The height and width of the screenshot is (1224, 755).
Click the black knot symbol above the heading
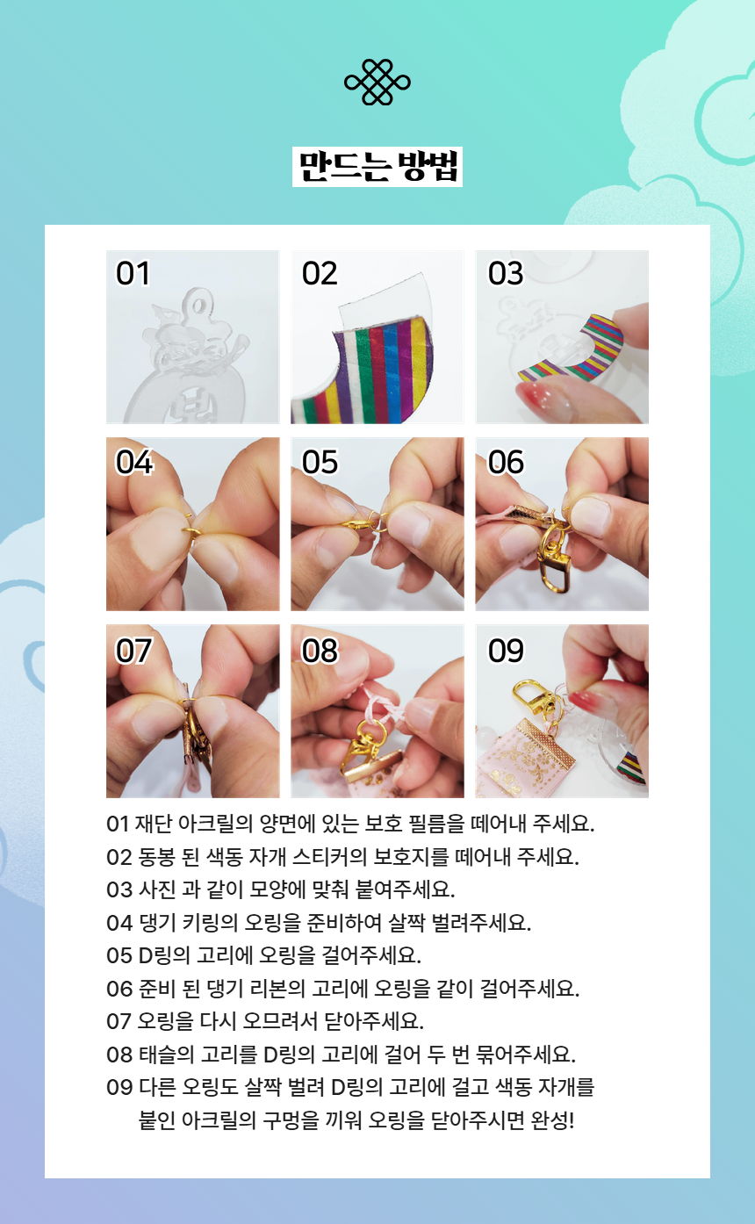377,82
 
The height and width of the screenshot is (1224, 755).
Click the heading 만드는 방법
377,167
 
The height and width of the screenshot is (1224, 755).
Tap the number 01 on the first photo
133,273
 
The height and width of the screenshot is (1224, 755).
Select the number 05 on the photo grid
320,462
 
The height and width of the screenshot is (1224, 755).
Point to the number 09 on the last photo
506,651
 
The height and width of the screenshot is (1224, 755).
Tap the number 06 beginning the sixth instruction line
119,989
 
